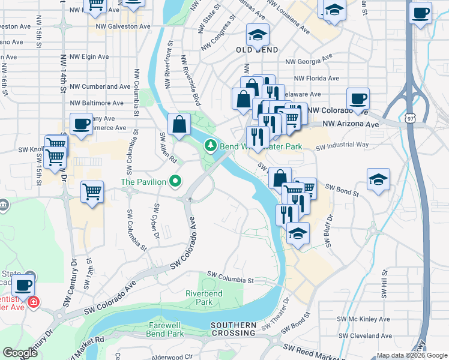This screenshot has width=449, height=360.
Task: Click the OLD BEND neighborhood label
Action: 257,50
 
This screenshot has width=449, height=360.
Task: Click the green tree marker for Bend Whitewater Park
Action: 211,145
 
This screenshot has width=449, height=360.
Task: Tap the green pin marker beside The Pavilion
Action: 175,180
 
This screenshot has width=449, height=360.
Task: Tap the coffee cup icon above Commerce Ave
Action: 82,124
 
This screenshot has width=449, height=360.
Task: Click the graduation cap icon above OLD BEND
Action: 258,35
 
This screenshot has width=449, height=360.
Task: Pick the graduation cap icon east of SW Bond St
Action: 378,179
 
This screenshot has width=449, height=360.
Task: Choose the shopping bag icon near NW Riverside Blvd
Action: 179,125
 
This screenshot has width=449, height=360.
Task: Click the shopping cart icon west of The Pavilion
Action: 92,192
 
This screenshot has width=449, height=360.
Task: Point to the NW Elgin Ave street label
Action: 89,57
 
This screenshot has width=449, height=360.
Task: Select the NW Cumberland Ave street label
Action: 100,86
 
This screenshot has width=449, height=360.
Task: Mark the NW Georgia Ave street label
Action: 309,61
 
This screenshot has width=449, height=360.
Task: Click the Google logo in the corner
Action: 20,353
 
